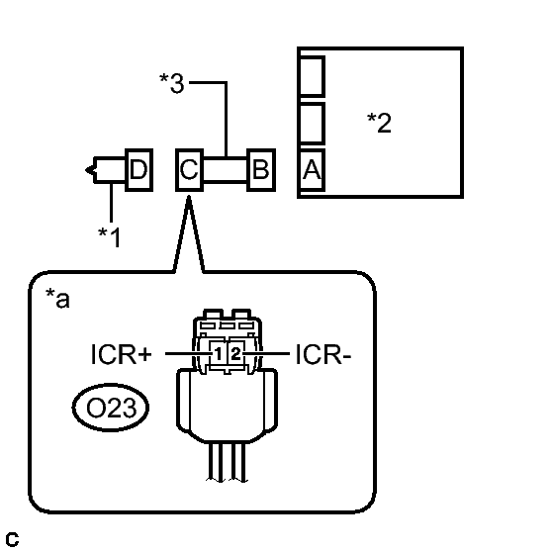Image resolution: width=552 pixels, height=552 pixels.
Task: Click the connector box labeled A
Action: [x=312, y=170]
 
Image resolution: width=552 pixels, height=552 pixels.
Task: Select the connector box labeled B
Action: [x=261, y=170]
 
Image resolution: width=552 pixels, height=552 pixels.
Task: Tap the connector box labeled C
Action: [x=189, y=170]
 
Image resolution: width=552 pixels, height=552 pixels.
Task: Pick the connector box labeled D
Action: [x=139, y=170]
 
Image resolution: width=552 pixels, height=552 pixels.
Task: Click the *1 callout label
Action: [x=110, y=237]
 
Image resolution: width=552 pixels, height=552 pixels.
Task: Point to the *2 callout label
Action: [x=379, y=123]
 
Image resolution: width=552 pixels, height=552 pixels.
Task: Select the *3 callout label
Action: [x=172, y=83]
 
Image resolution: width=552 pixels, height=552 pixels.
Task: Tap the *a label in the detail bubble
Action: [x=57, y=299]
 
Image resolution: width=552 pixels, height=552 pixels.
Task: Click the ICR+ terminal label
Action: [x=122, y=354]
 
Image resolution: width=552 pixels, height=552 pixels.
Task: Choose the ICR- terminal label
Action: [x=323, y=354]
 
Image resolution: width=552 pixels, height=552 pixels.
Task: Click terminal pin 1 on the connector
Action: [x=219, y=354]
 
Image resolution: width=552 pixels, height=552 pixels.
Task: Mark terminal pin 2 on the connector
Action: [x=235, y=354]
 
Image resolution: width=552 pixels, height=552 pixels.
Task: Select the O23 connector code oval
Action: [x=111, y=408]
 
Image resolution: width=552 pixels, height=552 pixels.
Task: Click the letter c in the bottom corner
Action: [x=12, y=539]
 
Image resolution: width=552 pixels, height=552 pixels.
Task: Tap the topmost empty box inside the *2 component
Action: [x=312, y=76]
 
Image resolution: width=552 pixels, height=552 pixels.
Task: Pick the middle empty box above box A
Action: [x=312, y=124]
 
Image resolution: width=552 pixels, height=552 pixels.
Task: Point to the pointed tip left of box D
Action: [x=85, y=170]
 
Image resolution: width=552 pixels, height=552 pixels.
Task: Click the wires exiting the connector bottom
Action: [x=228, y=462]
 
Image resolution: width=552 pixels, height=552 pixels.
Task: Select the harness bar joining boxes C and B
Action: [x=226, y=170]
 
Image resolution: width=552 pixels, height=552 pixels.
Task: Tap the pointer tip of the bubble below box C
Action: [x=189, y=197]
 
